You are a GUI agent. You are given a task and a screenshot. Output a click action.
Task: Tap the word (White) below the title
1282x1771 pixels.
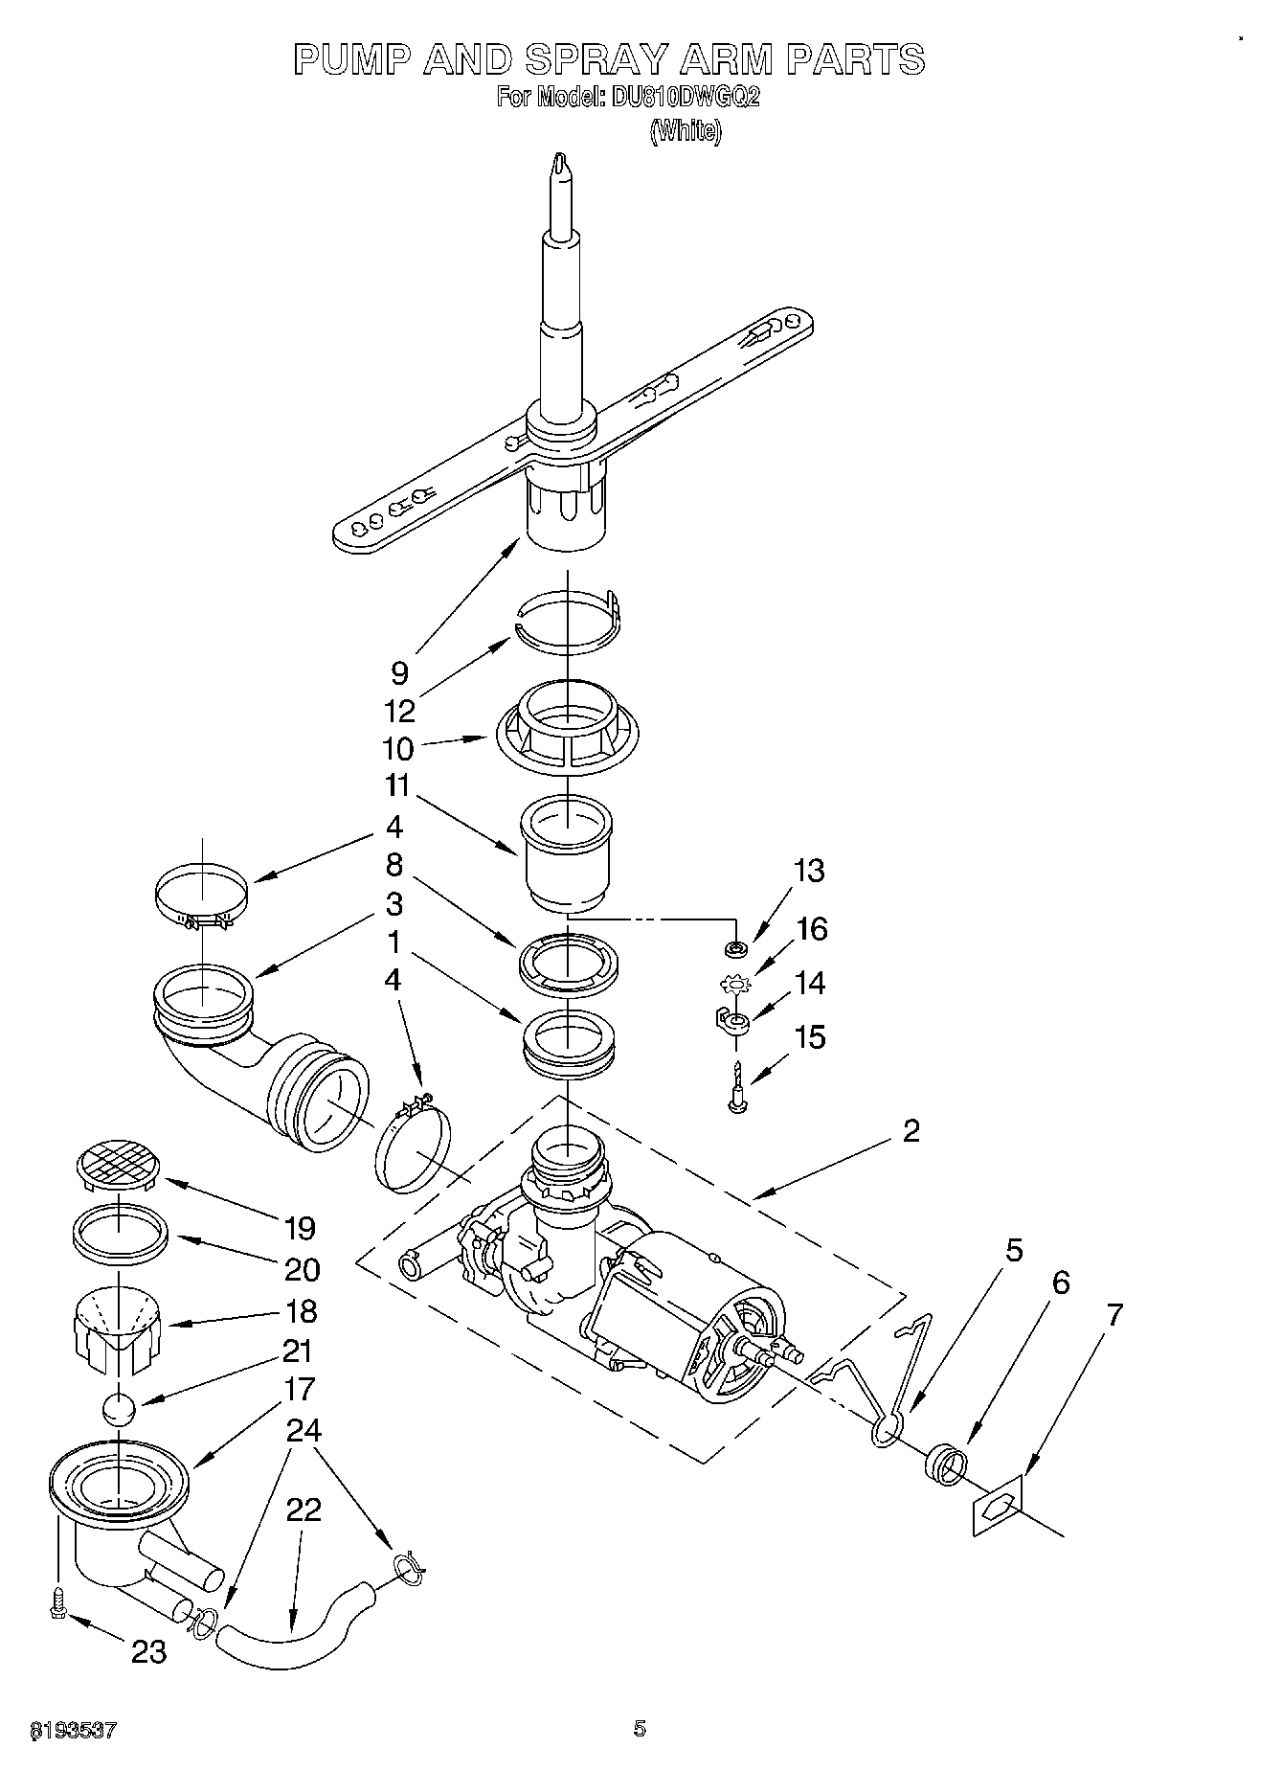pos(685,131)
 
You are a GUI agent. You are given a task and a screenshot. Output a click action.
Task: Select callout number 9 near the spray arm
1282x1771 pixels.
pos(399,672)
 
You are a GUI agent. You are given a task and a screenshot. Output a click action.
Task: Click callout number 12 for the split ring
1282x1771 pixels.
pos(399,711)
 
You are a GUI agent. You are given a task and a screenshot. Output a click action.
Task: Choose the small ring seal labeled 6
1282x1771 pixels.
pos(945,1465)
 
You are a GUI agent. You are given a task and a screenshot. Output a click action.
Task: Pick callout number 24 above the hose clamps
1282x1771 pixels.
pos(304,1430)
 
